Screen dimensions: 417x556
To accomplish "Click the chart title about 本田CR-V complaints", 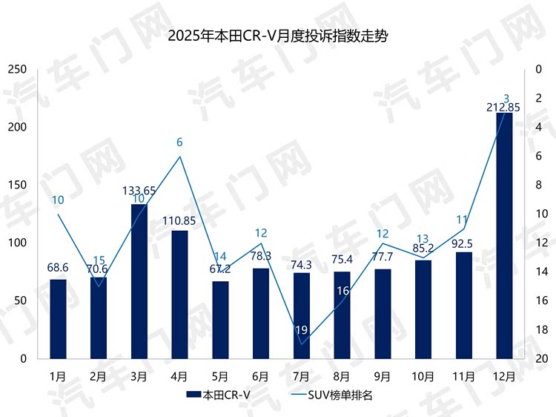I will point(278,36).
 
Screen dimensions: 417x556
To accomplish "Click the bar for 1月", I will point(58,318).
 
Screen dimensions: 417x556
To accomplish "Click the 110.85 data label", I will point(179,220).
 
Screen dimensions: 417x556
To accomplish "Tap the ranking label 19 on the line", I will point(302,329).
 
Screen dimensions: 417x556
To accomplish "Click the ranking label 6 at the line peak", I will point(179,142).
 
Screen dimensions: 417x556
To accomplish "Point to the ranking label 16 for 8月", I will point(342,292).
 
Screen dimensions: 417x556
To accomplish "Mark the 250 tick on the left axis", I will point(18,70).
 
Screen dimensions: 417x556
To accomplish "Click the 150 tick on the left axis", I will point(18,185).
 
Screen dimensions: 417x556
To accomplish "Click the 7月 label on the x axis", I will point(302,376).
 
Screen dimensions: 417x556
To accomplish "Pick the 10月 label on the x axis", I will point(423,376).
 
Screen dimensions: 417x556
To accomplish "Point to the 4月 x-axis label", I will point(179,376).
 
